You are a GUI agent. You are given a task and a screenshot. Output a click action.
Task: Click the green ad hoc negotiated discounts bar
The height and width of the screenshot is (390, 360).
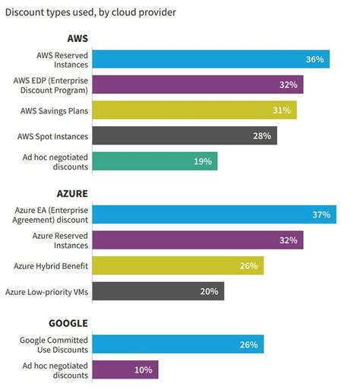coord(156,161)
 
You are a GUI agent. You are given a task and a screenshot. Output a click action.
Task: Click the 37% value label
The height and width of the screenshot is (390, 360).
coord(321,215)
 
